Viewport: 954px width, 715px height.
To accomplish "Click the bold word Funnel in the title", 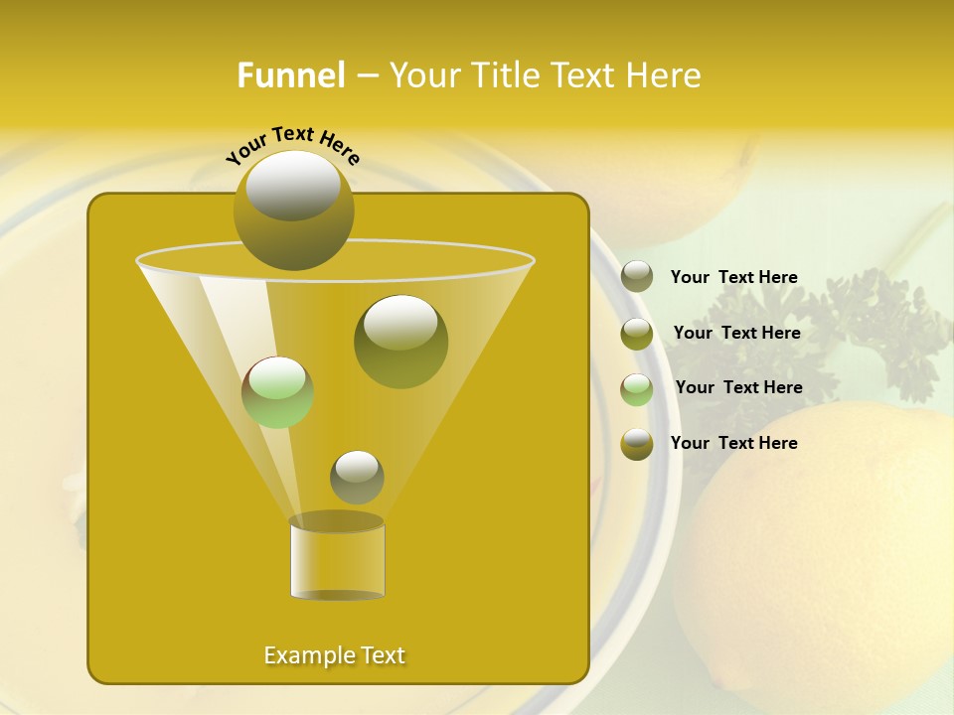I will pyautogui.click(x=291, y=75).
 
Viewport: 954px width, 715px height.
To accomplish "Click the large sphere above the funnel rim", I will pyautogui.click(x=293, y=210).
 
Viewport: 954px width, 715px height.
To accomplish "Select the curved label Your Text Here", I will pyautogui.click(x=292, y=144).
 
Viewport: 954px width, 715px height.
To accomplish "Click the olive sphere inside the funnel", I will pyautogui.click(x=400, y=342).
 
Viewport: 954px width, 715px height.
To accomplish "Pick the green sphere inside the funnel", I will pyautogui.click(x=278, y=392).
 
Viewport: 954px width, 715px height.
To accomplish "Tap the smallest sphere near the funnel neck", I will pyautogui.click(x=357, y=477).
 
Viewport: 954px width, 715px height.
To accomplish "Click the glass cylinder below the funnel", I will pyautogui.click(x=337, y=558).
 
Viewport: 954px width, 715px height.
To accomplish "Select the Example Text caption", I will pyautogui.click(x=335, y=655).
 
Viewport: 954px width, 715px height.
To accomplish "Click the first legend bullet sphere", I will pyautogui.click(x=637, y=277).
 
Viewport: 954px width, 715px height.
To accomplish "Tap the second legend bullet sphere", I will pyautogui.click(x=637, y=334).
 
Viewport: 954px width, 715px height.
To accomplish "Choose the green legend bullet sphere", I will pyautogui.click(x=637, y=389).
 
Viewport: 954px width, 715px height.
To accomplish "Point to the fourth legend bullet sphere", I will pyautogui.click(x=637, y=444).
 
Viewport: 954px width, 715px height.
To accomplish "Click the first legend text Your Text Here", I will pyautogui.click(x=733, y=278).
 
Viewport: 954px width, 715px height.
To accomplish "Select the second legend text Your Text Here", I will pyautogui.click(x=736, y=334).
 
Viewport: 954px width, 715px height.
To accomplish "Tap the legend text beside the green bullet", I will pyautogui.click(x=738, y=388).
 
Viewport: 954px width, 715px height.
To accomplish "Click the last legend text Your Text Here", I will pyautogui.click(x=733, y=444).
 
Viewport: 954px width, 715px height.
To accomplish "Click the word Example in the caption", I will pyautogui.click(x=304, y=655).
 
